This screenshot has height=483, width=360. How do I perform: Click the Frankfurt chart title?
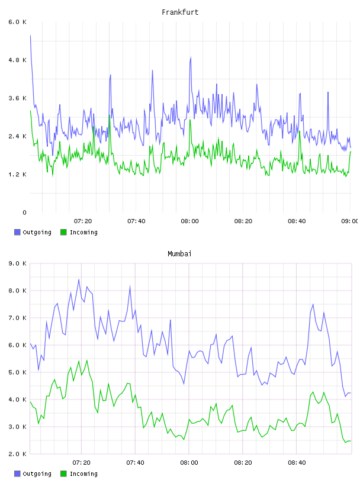180,12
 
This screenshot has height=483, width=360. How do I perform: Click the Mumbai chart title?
179,254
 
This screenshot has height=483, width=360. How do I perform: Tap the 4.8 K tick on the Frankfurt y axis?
17,60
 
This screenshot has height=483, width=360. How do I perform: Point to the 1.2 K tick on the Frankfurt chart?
17,175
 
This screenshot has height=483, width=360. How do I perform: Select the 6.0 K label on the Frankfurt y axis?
17,22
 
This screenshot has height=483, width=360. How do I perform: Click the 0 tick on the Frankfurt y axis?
24,212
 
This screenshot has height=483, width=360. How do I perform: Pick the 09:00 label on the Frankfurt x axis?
349,221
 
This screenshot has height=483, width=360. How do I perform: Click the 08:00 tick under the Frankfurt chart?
189,221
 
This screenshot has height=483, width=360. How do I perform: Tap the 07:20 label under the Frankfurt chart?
83,221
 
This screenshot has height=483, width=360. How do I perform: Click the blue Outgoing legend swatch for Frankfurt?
17,232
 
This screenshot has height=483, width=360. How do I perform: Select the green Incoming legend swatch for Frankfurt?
63,232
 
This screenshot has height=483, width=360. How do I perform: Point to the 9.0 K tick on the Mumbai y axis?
17,263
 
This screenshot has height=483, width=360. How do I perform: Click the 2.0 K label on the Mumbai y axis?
17,454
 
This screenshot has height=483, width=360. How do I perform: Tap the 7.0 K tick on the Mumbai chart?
17,318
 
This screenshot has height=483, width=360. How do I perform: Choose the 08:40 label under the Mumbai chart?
297,463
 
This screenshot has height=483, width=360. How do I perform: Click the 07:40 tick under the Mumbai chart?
135,463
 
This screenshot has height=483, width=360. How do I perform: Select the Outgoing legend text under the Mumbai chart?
37,474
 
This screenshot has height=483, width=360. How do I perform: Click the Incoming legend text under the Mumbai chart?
83,474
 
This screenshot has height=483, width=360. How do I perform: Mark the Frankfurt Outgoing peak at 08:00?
191,57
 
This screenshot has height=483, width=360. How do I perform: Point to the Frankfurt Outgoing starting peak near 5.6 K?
30,36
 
